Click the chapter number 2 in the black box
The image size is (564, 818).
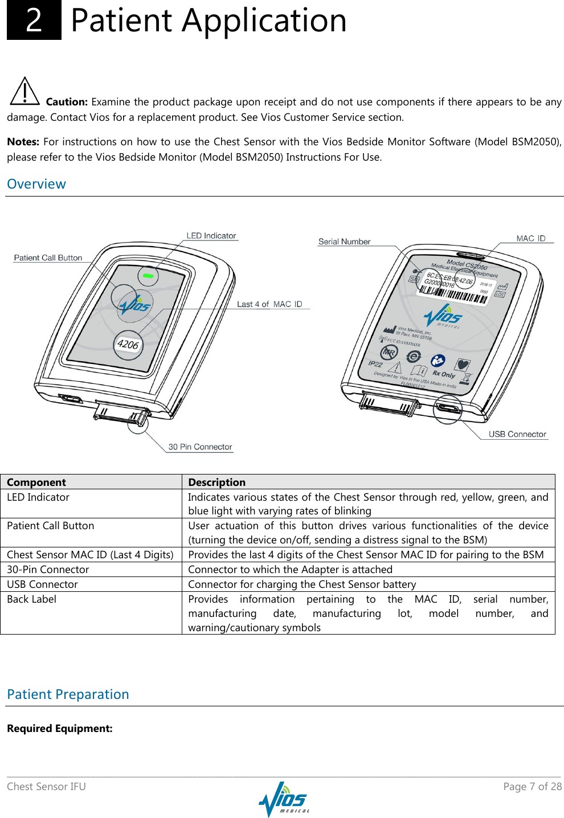[x=34, y=21]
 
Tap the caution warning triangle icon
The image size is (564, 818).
[x=24, y=92]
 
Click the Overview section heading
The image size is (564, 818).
[x=36, y=184]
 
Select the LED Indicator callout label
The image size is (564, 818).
[x=211, y=236]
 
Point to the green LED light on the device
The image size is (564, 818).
[x=148, y=276]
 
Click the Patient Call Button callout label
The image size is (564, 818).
[x=48, y=258]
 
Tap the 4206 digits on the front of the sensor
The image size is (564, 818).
[x=128, y=344]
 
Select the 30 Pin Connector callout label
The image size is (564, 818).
[x=200, y=447]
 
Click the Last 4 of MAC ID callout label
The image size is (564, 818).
[x=269, y=304]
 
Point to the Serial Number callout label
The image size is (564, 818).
[x=344, y=242]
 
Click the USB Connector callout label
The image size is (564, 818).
[x=517, y=434]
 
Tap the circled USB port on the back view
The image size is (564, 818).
[x=447, y=408]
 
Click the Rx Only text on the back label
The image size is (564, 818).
[x=444, y=374]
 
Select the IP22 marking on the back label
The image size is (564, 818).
[x=375, y=363]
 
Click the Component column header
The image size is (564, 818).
[x=36, y=482]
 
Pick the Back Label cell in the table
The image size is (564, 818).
[x=32, y=599]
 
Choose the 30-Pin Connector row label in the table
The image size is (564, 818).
[x=48, y=570]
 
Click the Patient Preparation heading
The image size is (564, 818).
[x=68, y=694]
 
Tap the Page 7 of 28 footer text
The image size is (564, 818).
[x=532, y=787]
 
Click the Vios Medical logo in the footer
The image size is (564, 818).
[x=283, y=799]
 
